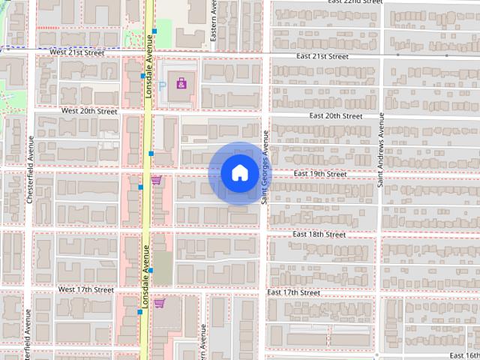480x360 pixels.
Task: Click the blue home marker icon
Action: tap(239, 173)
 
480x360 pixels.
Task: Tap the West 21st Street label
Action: tap(77, 53)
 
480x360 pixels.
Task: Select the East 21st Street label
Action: tap(322, 56)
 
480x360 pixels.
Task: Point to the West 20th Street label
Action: tap(89, 111)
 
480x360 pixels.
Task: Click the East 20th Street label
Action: tap(336, 116)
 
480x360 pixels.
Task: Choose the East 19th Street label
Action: tap(320, 174)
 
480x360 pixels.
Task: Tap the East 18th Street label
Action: tap(319, 235)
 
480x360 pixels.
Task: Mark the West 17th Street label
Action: tap(86, 289)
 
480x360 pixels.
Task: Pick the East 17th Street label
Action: tap(294, 292)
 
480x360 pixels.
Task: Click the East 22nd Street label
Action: tap(355, 2)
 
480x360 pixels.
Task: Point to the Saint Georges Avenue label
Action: tap(265, 174)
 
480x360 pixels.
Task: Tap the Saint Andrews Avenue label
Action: tap(381, 150)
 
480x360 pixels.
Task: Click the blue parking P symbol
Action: tap(162, 86)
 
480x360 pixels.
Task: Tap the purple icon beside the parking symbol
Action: tap(181, 82)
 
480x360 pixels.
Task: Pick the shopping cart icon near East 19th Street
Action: tap(157, 180)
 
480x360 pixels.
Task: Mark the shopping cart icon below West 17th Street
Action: tap(159, 304)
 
